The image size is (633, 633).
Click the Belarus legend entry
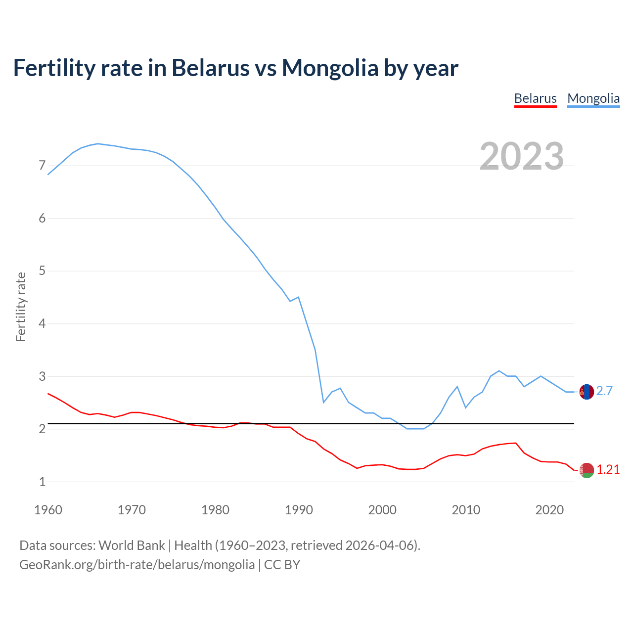535,98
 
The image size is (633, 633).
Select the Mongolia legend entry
593,98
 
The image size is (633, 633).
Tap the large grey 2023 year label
521,156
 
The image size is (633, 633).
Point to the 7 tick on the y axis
42,165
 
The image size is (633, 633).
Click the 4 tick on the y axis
42,323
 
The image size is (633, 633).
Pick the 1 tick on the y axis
42,482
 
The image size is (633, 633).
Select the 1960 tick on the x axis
48,510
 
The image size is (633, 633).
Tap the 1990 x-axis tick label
299,510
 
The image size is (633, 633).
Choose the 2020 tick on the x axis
549,510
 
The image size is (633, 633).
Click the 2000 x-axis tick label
382,510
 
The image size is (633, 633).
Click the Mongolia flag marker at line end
587,392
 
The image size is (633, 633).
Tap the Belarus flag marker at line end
587,470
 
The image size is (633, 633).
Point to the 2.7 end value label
604,391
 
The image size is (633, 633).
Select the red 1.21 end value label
608,470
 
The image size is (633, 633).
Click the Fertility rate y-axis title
21,307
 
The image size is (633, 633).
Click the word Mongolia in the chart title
330,68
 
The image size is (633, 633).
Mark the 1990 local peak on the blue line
299,297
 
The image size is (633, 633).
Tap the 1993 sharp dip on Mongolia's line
323,403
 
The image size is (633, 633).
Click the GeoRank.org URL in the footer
137,565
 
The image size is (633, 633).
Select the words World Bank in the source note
132,545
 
